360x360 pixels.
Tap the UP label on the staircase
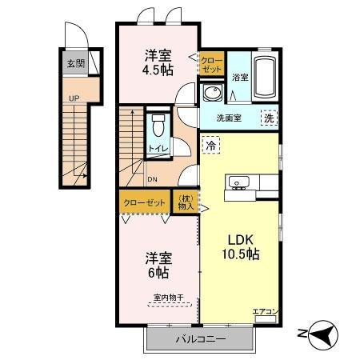point(74,98)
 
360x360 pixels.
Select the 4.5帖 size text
point(158,70)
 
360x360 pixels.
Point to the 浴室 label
point(240,78)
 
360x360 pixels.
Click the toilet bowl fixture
point(158,126)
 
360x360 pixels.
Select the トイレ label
point(157,149)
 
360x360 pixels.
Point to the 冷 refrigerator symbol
point(210,146)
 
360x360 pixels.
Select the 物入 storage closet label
point(185,203)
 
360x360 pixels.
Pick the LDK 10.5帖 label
point(239,246)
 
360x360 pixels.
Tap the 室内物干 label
point(169,298)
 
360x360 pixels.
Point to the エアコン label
point(264,311)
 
